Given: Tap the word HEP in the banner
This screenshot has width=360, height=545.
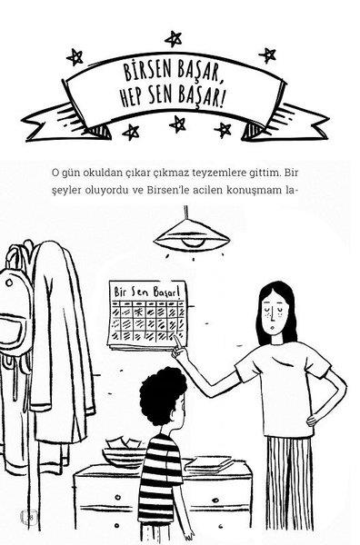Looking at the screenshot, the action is [x=132, y=96].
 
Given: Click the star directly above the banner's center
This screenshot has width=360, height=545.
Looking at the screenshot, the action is [x=174, y=39].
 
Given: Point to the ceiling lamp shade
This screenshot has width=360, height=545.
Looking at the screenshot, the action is [x=192, y=235].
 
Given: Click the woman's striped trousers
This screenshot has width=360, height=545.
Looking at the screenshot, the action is [x=289, y=487].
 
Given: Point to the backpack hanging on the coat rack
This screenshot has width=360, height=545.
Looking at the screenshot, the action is [x=14, y=323].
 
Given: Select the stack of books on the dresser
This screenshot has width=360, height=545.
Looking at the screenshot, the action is [x=209, y=465].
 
